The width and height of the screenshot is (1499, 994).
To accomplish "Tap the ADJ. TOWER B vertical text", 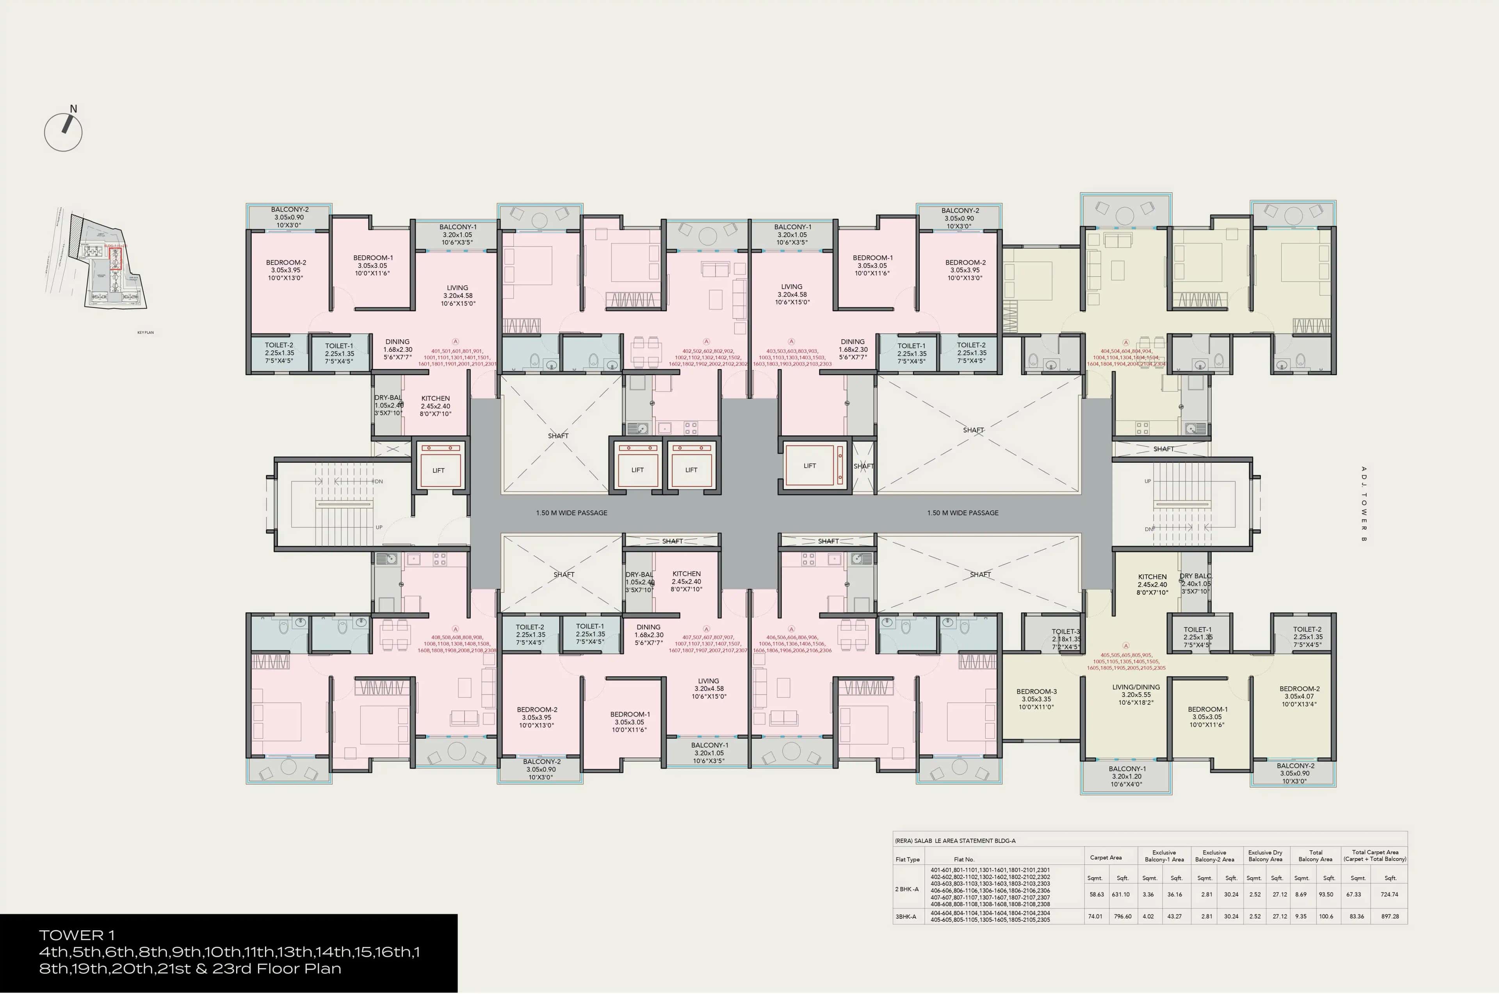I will point(1364,504).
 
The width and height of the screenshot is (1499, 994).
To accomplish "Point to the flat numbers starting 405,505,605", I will point(1126,661).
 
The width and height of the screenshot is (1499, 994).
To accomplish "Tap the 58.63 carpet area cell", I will point(1096,894).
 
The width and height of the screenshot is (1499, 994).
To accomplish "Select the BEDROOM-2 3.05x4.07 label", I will point(1300,696).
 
